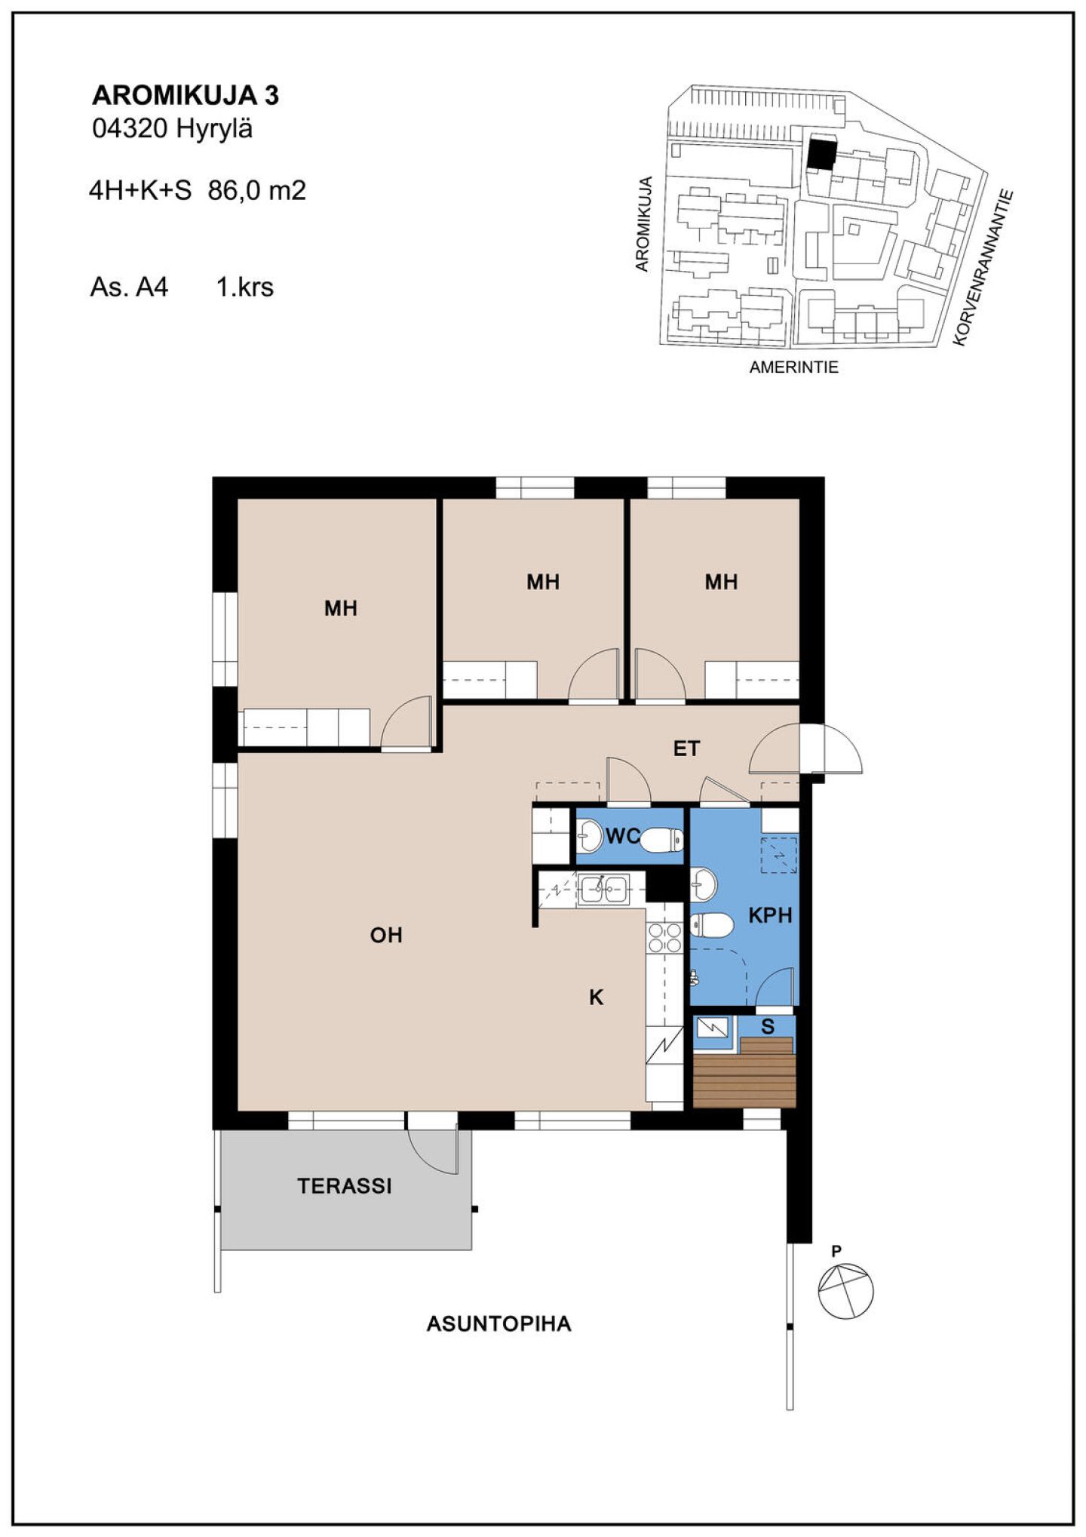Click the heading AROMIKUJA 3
[x=186, y=96]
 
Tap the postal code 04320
[x=129, y=129]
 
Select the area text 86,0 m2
[x=257, y=190]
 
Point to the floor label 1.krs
[x=245, y=287]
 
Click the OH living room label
[x=386, y=936]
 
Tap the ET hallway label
[x=686, y=749]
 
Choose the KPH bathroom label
[x=770, y=915]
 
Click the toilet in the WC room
[x=663, y=839]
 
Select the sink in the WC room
[x=590, y=835]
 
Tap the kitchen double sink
[x=603, y=889]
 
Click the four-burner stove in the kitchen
[x=664, y=938]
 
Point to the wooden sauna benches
[x=744, y=1073]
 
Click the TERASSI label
[x=345, y=1186]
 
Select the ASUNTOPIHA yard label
[x=499, y=1323]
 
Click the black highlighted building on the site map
[x=821, y=153]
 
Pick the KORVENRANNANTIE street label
[x=982, y=268]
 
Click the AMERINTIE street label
[x=793, y=367]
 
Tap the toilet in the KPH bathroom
[x=711, y=924]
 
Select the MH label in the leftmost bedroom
[x=340, y=608]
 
